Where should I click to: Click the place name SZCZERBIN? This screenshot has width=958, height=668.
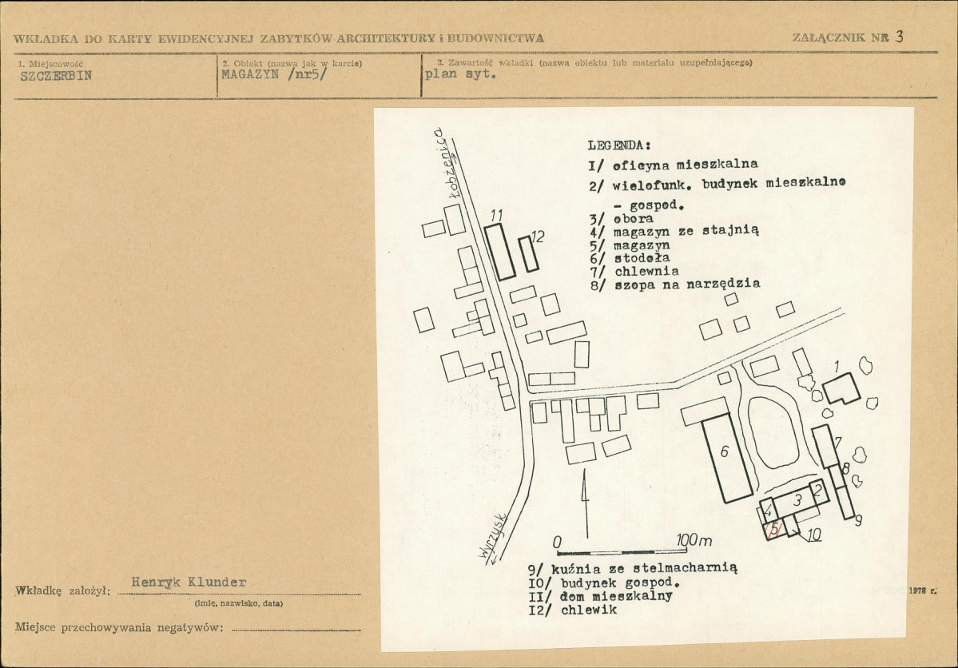56,76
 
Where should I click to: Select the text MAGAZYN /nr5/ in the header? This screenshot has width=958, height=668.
274,74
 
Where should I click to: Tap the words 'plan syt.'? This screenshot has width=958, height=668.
460,74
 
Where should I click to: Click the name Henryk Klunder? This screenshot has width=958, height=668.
189,582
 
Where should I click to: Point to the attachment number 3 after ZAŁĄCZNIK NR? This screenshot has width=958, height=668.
899,36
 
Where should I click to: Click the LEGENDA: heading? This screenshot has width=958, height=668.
619,145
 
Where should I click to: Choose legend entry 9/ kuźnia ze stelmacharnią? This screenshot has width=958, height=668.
632,568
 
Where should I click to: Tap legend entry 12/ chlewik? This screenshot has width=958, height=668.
572,610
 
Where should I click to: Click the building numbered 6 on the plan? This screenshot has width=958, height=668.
726,458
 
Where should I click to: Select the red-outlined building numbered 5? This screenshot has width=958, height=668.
774,529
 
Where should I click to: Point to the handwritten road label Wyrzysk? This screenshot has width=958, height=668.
492,535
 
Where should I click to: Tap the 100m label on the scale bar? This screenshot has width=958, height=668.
694,541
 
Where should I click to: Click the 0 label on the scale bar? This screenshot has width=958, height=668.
557,543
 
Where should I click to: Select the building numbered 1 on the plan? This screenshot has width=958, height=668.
841,388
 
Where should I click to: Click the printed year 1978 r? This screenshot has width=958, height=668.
922,591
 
